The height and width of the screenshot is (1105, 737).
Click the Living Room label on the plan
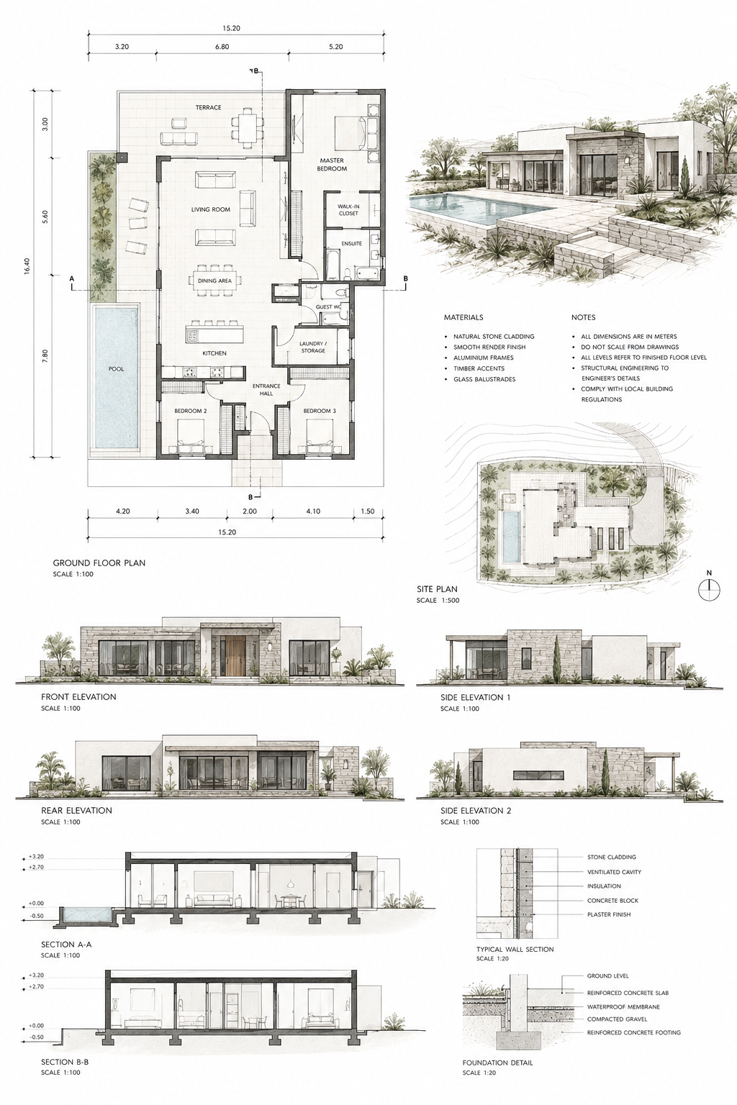(211, 209)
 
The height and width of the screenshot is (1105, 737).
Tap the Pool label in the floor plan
(116, 369)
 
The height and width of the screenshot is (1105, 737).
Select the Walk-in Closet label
(348, 209)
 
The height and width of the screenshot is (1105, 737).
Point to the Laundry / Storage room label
(313, 347)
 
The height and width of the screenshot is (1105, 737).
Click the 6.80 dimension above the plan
(222, 47)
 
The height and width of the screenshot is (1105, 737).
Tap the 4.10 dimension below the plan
(313, 511)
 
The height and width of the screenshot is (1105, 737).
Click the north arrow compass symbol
(710, 590)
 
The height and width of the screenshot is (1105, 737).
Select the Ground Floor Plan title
(99, 563)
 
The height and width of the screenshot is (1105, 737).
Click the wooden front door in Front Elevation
(237, 655)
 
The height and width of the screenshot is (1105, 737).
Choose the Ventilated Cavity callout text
(614, 872)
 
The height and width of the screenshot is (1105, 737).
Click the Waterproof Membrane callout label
(623, 1007)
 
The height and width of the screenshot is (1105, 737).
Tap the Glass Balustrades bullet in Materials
(484, 379)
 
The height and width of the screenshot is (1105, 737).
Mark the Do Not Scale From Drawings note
(629, 347)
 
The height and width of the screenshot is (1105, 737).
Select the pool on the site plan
(512, 537)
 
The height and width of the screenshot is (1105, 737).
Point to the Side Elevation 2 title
(475, 811)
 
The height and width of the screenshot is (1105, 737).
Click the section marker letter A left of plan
(71, 278)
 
